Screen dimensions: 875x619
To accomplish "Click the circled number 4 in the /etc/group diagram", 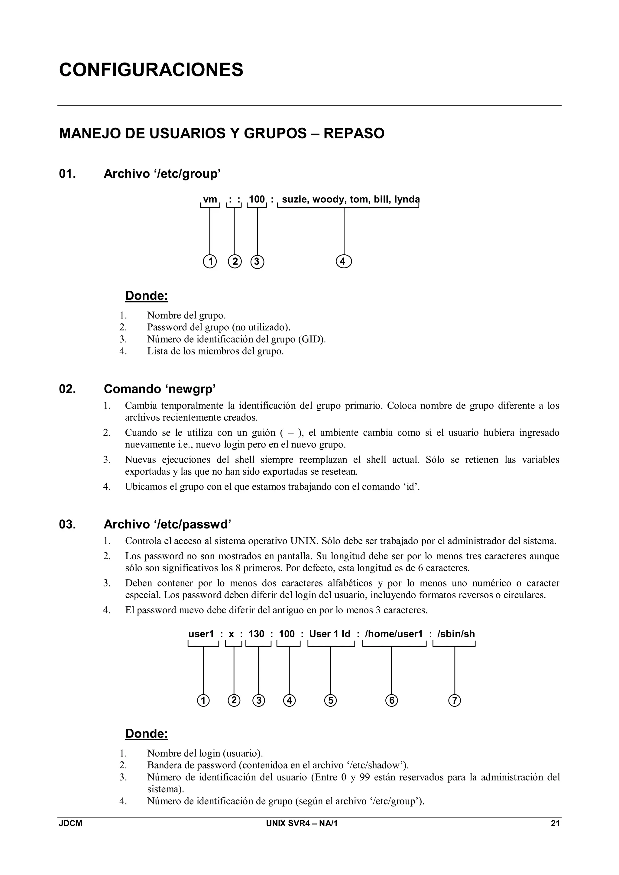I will (344, 262).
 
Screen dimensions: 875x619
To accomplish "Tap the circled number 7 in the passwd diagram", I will (454, 700).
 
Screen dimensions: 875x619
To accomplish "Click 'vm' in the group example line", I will (210, 199).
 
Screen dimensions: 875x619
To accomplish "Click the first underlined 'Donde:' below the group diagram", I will (147, 296).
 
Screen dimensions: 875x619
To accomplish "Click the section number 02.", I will (67, 389).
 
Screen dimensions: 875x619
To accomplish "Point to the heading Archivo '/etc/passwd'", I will (167, 525).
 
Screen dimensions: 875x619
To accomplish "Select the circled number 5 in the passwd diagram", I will (330, 700).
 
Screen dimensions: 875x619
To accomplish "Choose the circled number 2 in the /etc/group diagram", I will (235, 262).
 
